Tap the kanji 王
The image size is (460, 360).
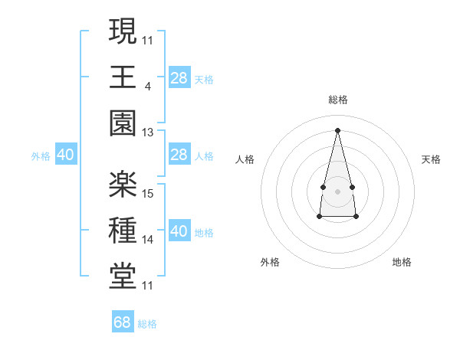point(123,77)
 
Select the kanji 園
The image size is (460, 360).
point(123,123)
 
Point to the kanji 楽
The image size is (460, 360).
point(123,184)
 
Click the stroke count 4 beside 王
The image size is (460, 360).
point(147,87)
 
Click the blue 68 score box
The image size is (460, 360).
point(123,322)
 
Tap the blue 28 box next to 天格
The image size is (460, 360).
point(179,78)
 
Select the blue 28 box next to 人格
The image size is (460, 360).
point(179,155)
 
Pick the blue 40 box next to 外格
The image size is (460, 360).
point(66,155)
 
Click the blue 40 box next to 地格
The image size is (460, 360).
point(179,231)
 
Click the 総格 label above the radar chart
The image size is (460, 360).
point(337,100)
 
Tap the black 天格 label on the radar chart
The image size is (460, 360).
point(432,159)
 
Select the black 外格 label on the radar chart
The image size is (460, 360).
point(270,262)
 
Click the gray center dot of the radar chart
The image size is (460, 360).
point(337,189)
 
